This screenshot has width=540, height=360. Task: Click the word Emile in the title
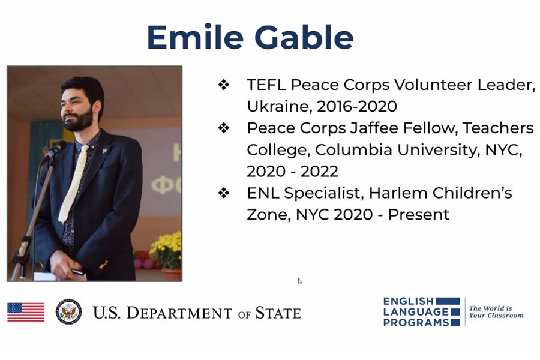195,37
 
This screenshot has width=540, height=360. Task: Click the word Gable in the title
304,37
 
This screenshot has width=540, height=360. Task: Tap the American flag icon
26,312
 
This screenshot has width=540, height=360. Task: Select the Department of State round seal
69,312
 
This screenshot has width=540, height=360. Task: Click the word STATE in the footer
278,313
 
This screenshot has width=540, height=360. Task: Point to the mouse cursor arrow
299,281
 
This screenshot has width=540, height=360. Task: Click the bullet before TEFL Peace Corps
224,85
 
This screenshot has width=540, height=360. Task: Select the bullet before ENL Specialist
224,193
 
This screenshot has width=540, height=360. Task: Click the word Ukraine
279,106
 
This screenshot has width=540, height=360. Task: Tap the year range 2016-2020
357,106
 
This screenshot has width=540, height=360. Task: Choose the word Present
418,215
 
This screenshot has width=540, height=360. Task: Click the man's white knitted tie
73,184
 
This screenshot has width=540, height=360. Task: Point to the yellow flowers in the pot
166,249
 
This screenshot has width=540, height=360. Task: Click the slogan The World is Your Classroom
496,312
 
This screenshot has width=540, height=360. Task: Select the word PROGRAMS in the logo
416,322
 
